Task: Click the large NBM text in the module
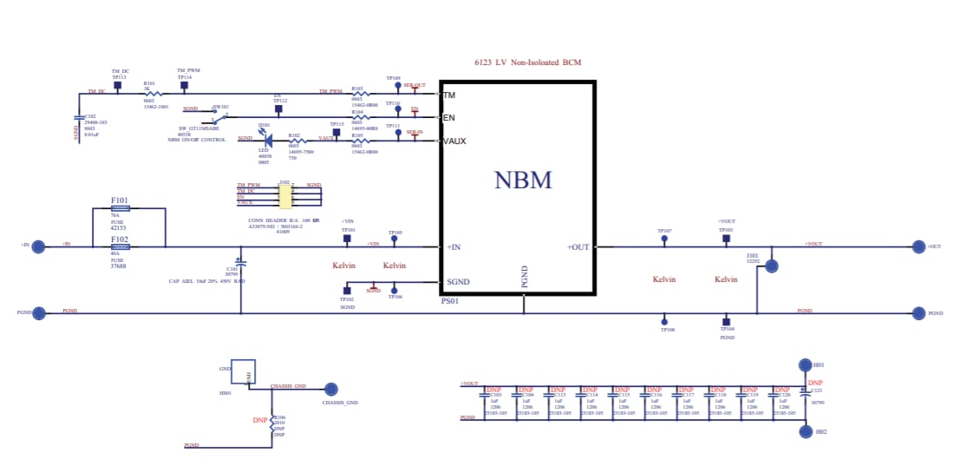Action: click(523, 180)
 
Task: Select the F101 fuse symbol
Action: click(121, 208)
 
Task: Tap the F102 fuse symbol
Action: click(121, 246)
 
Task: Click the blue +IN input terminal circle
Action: click(37, 246)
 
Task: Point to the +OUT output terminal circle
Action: click(918, 246)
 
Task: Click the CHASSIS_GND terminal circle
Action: click(330, 390)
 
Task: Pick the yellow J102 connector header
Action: click(284, 195)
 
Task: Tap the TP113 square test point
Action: click(119, 86)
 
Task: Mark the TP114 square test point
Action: click(184, 86)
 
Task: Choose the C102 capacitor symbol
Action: click(80, 116)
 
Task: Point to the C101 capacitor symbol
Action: click(241, 261)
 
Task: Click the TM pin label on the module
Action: click(449, 95)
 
